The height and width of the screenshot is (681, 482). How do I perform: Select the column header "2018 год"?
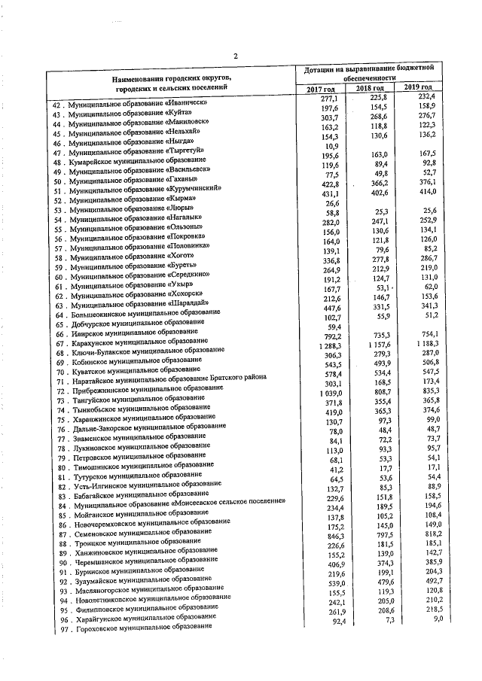click(370, 90)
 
